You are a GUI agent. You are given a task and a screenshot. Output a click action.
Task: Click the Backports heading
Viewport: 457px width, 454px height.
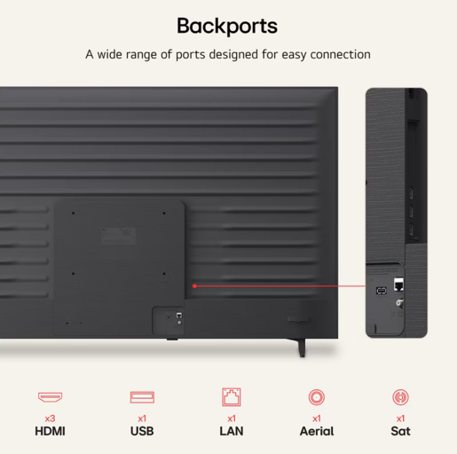point(227,27)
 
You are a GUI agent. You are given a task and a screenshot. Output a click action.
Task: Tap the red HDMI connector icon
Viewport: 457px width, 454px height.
point(50,397)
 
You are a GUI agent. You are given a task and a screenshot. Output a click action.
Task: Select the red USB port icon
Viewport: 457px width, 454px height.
point(142,397)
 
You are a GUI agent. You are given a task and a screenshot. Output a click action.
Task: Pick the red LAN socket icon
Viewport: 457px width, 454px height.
point(232,397)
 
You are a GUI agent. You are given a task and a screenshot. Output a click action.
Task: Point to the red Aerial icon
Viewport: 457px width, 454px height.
point(317,397)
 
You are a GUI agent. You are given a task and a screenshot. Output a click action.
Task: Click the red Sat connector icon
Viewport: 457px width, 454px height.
point(400,397)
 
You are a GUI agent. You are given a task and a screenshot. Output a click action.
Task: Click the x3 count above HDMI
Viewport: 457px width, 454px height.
point(50,419)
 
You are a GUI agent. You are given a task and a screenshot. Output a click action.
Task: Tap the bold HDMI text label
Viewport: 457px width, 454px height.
point(50,431)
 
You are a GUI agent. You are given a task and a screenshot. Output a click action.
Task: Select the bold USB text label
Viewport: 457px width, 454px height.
point(142,431)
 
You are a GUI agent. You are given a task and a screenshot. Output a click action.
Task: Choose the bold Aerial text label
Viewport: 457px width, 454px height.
point(317,431)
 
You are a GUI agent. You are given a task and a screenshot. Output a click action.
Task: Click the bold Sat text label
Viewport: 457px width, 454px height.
point(400,431)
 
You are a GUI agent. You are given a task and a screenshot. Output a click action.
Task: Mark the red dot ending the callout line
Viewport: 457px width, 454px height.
point(194,286)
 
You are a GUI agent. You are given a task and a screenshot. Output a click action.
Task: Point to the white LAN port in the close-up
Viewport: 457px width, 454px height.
point(398,285)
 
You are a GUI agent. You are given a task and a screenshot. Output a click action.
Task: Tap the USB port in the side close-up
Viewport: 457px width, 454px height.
point(382,291)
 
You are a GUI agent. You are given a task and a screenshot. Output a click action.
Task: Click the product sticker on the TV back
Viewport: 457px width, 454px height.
point(119,236)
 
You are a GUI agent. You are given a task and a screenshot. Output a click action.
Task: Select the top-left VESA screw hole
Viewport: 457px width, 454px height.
point(73,213)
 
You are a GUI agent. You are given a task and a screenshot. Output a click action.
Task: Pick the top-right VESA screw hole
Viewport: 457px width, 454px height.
point(164,213)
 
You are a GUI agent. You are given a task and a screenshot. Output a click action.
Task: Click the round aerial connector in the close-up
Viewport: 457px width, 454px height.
point(399,303)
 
